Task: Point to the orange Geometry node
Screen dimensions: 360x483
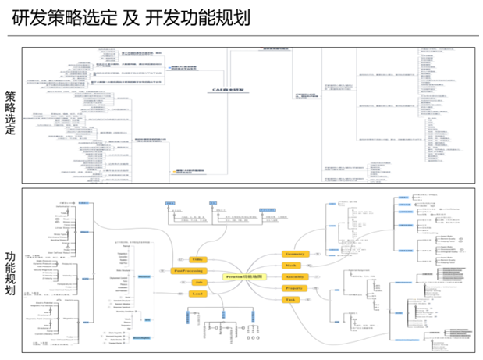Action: coord(295,254)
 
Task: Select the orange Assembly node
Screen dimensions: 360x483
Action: coord(294,276)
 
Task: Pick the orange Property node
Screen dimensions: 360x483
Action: coord(294,288)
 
